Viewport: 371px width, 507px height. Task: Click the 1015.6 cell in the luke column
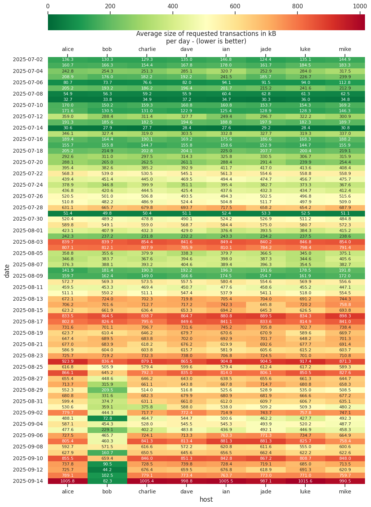pyautogui.click(x=305, y=481)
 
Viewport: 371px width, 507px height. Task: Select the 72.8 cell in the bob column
pyautogui.click(x=107, y=418)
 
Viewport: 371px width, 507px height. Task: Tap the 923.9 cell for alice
pyautogui.click(x=68, y=362)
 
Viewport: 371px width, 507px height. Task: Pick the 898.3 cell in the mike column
pyautogui.click(x=345, y=316)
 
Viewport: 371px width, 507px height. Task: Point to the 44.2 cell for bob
pyautogui.click(x=107, y=470)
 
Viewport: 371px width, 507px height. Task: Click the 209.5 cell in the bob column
pyautogui.click(x=107, y=390)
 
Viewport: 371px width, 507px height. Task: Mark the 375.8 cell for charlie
pyautogui.click(x=147, y=407)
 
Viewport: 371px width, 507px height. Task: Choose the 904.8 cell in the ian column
pyautogui.click(x=226, y=362)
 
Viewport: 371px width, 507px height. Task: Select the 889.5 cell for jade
pyautogui.click(x=266, y=316)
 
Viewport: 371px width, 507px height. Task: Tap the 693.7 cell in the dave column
pyautogui.click(x=186, y=208)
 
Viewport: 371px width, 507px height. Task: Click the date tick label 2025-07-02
pyautogui.click(x=28, y=60)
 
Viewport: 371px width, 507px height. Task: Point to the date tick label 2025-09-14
pyautogui.click(x=28, y=481)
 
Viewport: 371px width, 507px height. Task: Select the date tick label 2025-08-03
pyautogui.click(x=28, y=242)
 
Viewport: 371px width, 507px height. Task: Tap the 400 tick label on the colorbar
pyautogui.click(x=172, y=6)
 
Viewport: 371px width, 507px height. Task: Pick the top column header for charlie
pyautogui.click(x=147, y=49)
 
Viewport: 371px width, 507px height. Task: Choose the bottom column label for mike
pyautogui.click(x=345, y=492)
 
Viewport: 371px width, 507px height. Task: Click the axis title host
pyautogui.click(x=206, y=499)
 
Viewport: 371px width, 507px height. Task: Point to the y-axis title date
pyautogui.click(x=7, y=271)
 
